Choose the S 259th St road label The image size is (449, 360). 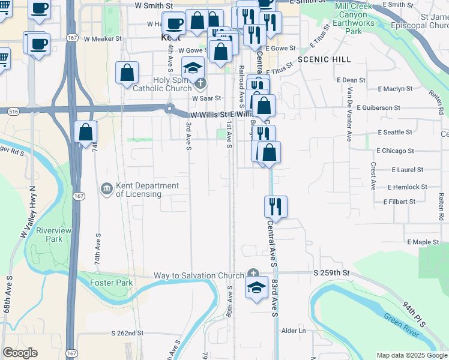(x=331, y=273)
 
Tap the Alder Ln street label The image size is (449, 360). (x=294, y=331)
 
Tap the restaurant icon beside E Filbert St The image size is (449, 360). (x=276, y=206)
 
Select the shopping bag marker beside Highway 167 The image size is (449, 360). (x=86, y=131)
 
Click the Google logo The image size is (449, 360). (x=20, y=353)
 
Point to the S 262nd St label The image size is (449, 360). (x=127, y=332)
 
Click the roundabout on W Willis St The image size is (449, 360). (x=170, y=109)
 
